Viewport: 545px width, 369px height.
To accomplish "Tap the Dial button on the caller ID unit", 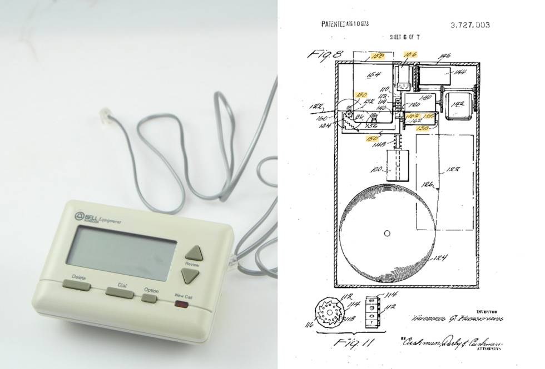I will coord(120,293).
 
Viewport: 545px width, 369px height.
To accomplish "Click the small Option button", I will coord(149,299).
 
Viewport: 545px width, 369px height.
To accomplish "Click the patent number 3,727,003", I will coord(469,25).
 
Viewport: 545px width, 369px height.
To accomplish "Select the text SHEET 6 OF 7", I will coord(405,37).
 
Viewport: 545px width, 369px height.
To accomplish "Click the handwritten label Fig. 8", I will coord(325,54).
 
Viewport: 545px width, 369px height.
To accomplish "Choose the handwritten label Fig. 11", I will coord(351,344).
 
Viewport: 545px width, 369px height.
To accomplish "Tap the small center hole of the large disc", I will coord(387,234).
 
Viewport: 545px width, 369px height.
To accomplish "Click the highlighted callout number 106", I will coord(409,54).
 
